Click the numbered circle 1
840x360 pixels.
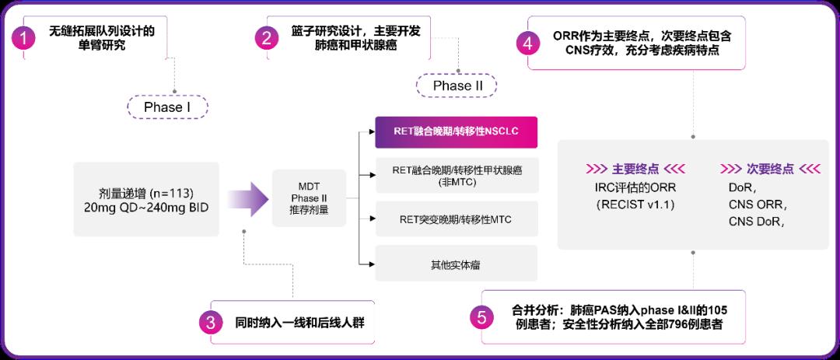pyautogui.click(x=27, y=39)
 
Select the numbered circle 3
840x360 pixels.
pyautogui.click(x=211, y=323)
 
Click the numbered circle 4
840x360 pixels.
pyautogui.click(x=528, y=43)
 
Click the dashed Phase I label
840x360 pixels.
pyautogui.click(x=166, y=107)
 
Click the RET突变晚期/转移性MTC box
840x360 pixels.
pyautogui.click(x=456, y=219)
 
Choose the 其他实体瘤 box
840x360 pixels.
pyautogui.click(x=456, y=264)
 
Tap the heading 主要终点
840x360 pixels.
pyautogui.click(x=635, y=169)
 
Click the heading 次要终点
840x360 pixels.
pyautogui.click(x=770, y=169)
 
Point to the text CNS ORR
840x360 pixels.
pyautogui.click(x=757, y=205)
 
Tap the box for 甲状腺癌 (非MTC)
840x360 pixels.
pyautogui.click(x=456, y=176)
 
